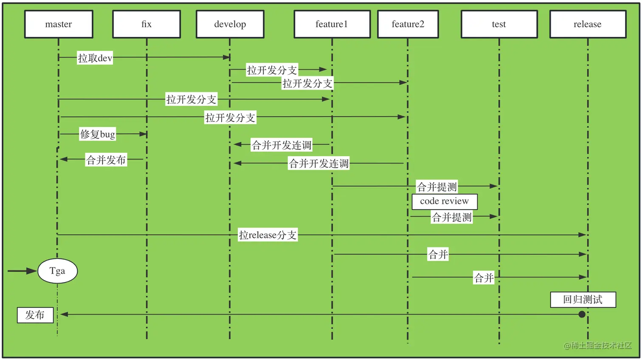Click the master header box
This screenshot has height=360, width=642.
coord(59,24)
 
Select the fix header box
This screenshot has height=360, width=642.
coord(146,24)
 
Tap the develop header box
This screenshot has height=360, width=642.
coord(230,24)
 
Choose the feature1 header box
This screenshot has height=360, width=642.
coord(332,24)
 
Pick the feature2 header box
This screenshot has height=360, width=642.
coord(408,24)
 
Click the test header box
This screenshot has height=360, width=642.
coord(499,24)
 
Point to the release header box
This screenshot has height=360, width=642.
coord(588,24)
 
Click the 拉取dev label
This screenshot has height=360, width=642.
coord(95,58)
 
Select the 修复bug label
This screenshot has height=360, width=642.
coord(98,134)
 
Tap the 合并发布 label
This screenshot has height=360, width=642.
coord(106,160)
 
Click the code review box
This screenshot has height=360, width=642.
coord(445,201)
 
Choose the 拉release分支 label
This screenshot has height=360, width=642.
coord(267,235)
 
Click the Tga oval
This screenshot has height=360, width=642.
coord(57,271)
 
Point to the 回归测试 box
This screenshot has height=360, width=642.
coord(583,299)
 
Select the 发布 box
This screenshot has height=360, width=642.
coord(35,315)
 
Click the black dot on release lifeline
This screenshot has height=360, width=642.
coord(582,315)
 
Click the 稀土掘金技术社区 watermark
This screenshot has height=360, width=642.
coord(597,346)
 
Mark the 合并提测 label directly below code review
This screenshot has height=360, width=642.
coord(451,217)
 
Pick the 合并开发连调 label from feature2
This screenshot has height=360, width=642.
coord(319,163)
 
